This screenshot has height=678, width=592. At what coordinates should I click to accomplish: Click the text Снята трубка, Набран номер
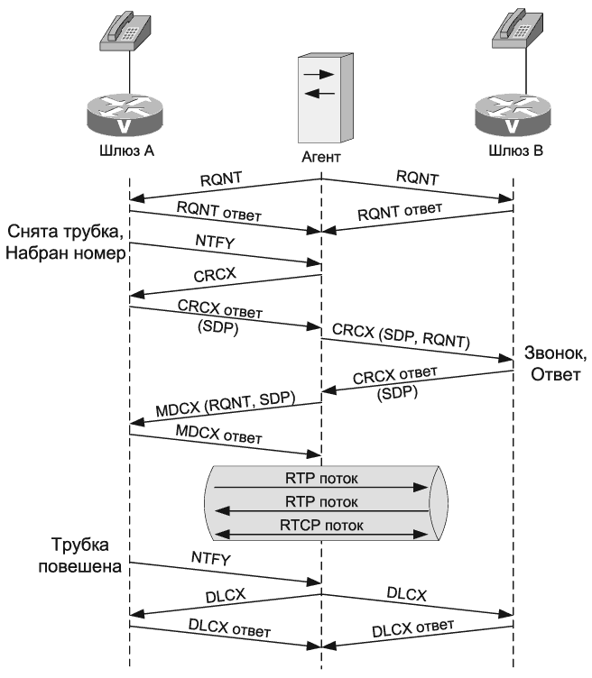point(65,243)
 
